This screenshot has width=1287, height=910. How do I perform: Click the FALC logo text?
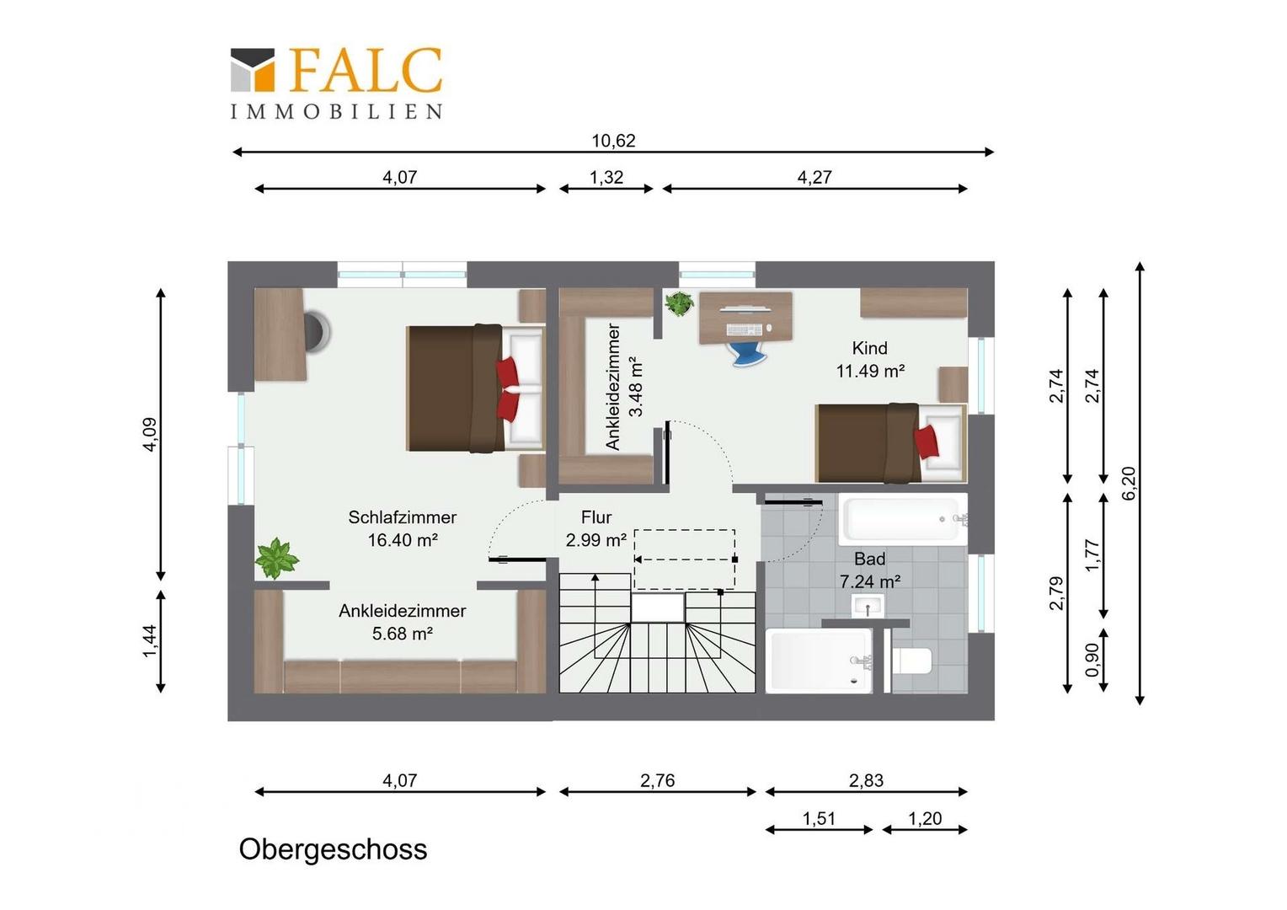click(365, 70)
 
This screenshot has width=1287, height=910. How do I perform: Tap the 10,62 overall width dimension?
click(613, 141)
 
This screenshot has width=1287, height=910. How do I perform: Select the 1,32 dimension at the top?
click(606, 177)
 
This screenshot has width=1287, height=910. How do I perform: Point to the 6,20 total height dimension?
click(1129, 483)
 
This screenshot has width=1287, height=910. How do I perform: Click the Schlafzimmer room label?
click(403, 517)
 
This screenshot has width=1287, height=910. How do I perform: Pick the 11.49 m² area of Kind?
click(870, 371)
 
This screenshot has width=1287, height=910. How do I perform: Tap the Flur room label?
click(596, 517)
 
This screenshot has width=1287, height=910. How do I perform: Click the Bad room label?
click(870, 559)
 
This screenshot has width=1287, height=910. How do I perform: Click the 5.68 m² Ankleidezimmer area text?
click(403, 634)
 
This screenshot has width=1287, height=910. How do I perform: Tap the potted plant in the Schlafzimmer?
click(276, 558)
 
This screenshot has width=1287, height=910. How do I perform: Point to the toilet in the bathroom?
click(912, 661)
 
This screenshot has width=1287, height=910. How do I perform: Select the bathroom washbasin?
click(867, 605)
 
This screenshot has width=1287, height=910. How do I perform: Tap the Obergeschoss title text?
click(333, 849)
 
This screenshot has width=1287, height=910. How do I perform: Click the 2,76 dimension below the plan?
click(657, 780)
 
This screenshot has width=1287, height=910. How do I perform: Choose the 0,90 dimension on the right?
click(1092, 660)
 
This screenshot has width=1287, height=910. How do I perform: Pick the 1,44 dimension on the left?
click(150, 641)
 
